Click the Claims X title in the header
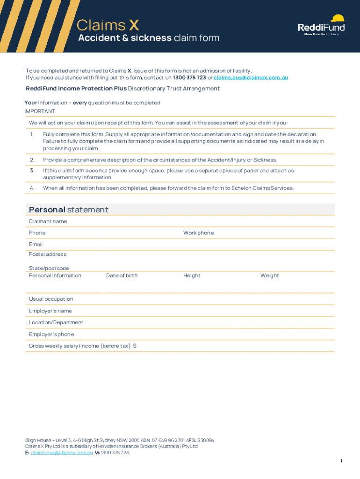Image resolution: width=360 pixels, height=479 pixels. (x=108, y=25)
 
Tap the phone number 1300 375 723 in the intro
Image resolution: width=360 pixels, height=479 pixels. (x=189, y=78)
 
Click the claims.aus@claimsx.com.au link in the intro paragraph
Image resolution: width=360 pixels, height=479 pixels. (x=251, y=78)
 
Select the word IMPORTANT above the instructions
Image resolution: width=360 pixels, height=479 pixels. (x=40, y=111)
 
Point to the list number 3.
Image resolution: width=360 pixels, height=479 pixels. (x=32, y=171)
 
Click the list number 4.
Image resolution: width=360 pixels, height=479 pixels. (x=32, y=188)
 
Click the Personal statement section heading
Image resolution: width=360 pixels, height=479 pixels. (x=68, y=210)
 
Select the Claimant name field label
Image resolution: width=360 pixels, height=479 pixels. (x=48, y=221)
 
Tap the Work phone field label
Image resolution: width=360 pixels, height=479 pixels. (x=198, y=233)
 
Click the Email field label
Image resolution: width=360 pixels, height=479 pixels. (x=36, y=244)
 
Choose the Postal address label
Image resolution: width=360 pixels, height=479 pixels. (x=48, y=254)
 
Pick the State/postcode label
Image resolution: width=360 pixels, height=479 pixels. (x=49, y=269)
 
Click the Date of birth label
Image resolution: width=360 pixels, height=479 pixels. (x=122, y=276)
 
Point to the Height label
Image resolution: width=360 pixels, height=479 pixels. (x=192, y=276)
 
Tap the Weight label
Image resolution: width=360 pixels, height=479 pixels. (x=270, y=276)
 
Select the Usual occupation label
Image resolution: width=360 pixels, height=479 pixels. (x=51, y=299)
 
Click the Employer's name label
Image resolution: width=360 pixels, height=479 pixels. (x=50, y=311)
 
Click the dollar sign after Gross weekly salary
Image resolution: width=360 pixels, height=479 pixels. (x=135, y=346)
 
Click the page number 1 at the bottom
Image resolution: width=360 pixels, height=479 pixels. (x=341, y=461)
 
